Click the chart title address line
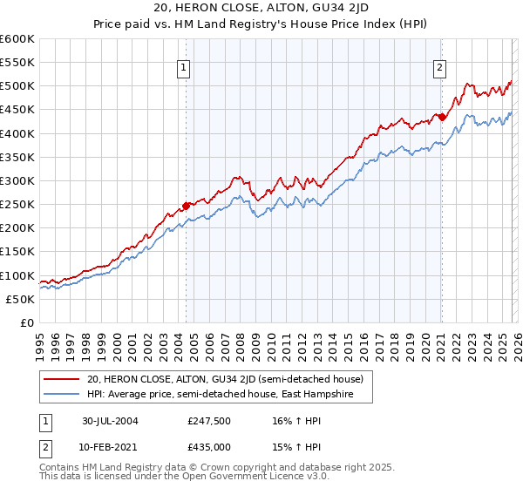point(261,10)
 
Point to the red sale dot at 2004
point(186,206)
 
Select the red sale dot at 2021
point(442,117)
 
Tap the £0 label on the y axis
point(27,322)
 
